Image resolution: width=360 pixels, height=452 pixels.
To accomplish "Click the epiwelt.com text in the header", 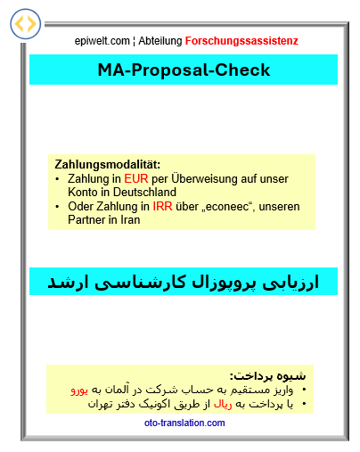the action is (x=102, y=41).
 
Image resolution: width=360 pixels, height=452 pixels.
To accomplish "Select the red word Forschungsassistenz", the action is (x=241, y=41).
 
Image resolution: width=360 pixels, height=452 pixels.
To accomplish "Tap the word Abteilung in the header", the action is (x=161, y=41).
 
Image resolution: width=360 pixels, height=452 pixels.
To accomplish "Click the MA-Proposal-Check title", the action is (x=184, y=70).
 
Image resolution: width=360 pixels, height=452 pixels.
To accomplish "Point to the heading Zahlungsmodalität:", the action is (x=107, y=165).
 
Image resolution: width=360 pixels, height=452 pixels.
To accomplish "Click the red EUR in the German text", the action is (x=136, y=178).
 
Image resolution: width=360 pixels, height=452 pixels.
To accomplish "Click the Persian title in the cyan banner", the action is (x=184, y=282).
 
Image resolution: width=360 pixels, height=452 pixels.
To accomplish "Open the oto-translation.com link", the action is (x=184, y=423).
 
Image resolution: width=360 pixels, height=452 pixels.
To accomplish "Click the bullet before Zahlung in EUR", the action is (x=58, y=179).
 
